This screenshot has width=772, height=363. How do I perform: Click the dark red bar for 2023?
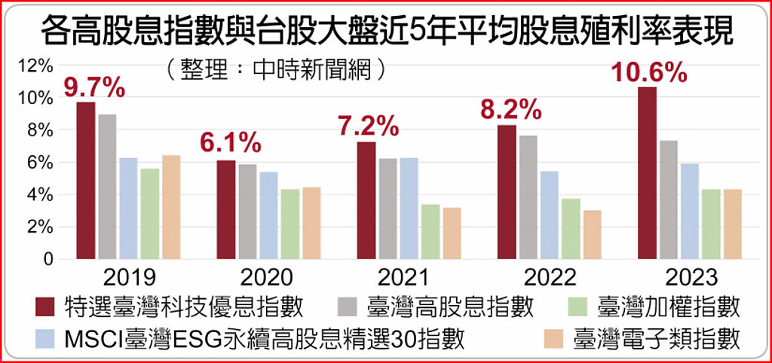coord(647,173)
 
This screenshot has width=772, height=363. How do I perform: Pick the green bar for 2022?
coord(571,229)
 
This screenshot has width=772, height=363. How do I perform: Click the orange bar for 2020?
coord(311,223)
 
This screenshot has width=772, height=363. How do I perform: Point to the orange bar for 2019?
coord(171,207)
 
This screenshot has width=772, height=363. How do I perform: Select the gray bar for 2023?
coord(668,200)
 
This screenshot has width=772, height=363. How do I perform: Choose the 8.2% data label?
coord(511,111)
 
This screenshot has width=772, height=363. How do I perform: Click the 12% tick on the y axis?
coord(35,66)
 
